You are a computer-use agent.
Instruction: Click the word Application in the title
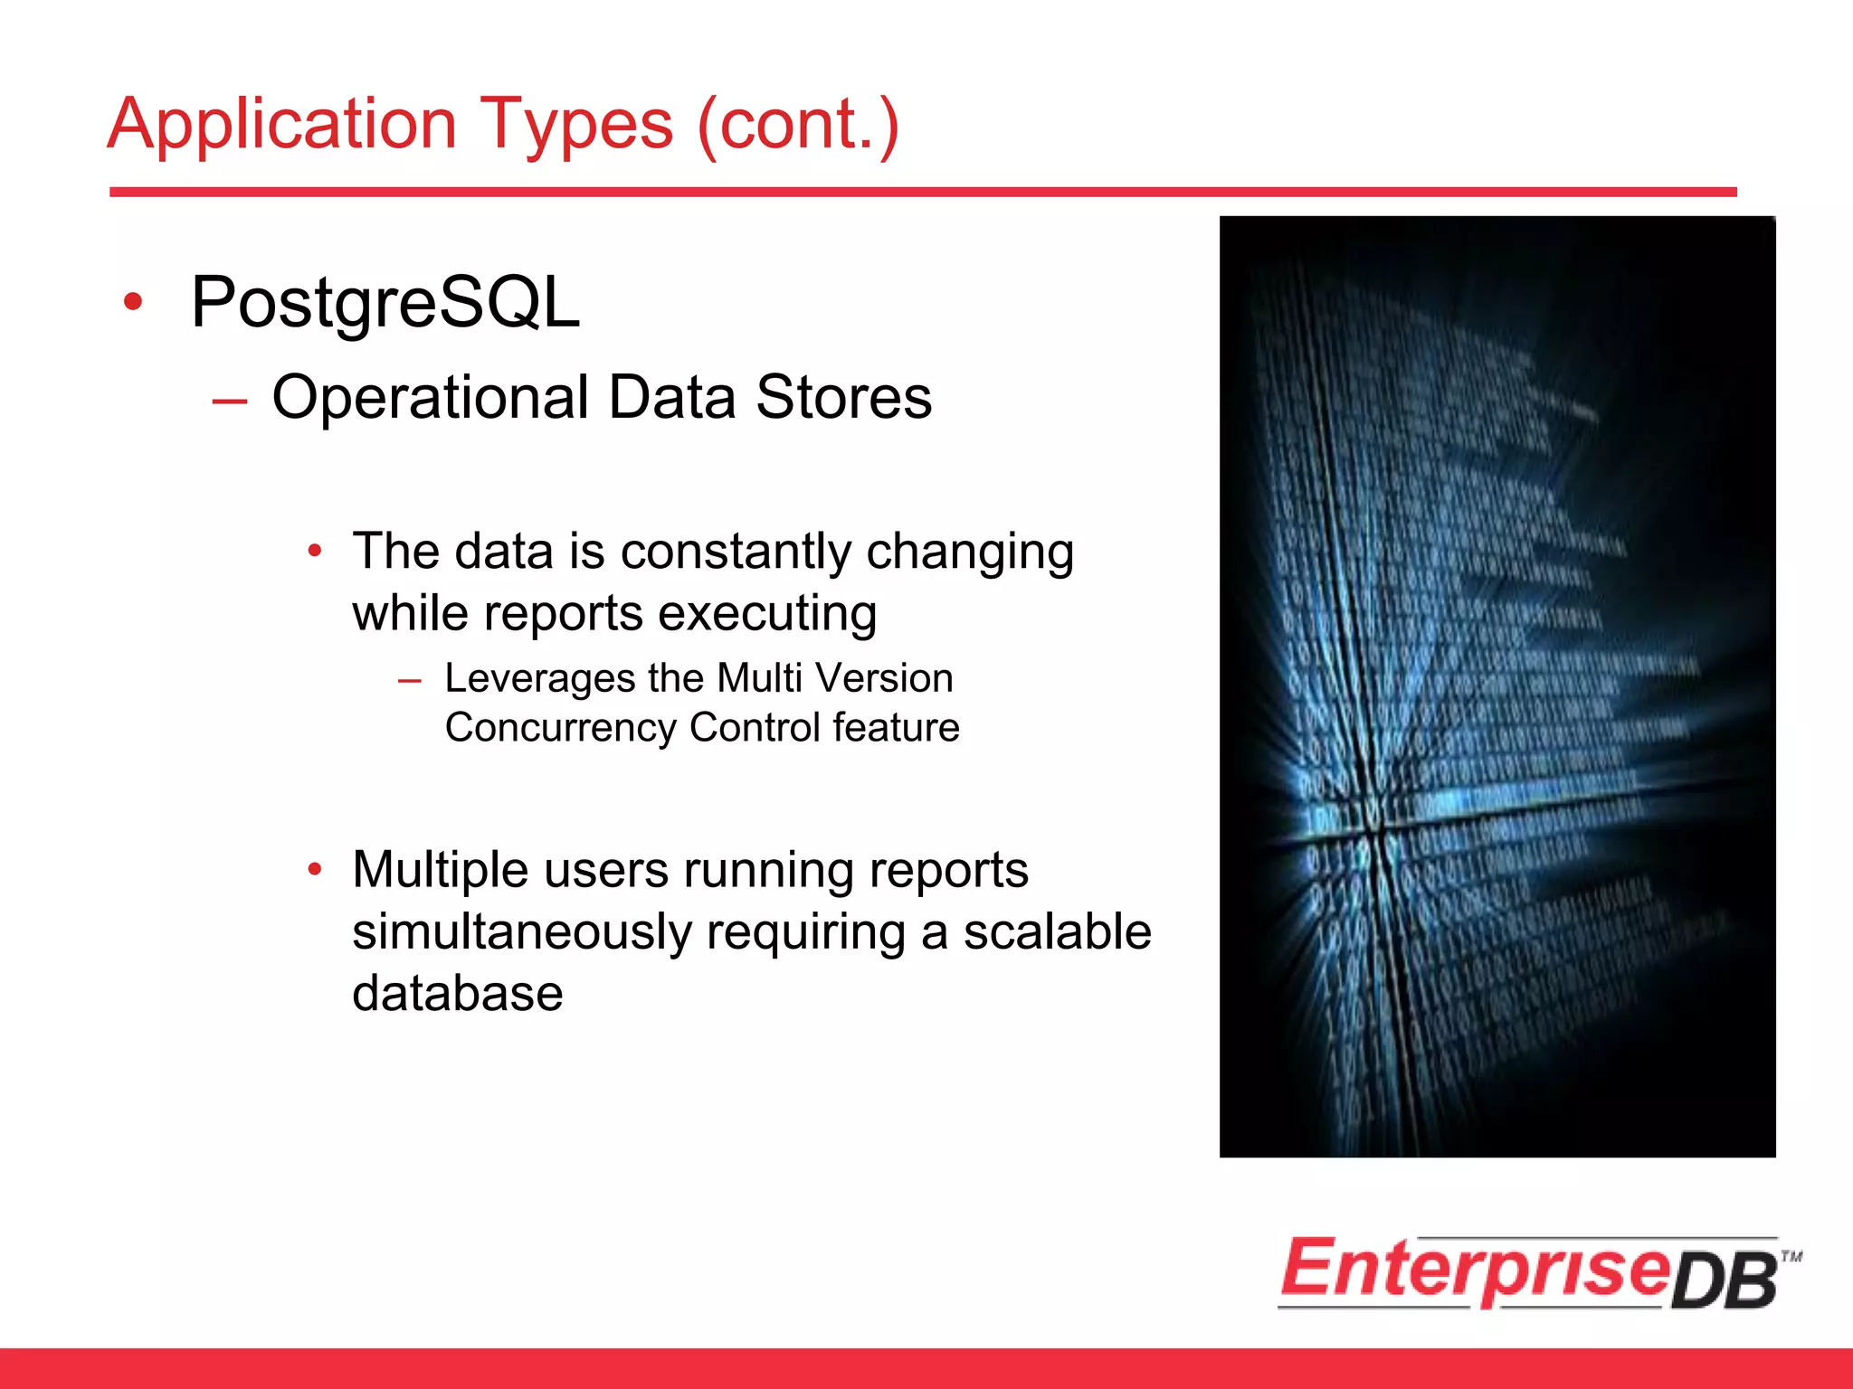click(x=281, y=125)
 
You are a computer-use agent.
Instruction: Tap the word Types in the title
click(x=575, y=125)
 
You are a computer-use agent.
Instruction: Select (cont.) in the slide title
click(x=798, y=125)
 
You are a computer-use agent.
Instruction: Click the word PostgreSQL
click(x=385, y=303)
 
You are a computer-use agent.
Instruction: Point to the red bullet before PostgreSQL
click(x=133, y=302)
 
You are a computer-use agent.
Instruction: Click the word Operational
click(x=430, y=398)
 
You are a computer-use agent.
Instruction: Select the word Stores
click(x=843, y=398)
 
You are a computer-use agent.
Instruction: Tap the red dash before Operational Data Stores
click(x=230, y=401)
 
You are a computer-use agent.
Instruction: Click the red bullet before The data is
click(x=315, y=550)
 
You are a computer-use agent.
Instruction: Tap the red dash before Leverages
click(x=410, y=681)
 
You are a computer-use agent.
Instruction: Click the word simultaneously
click(x=522, y=932)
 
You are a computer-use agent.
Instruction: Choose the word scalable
click(x=1057, y=932)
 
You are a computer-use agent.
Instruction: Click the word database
click(x=457, y=994)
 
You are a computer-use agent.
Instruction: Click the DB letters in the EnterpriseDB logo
click(x=1725, y=1282)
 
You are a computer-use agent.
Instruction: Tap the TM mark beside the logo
click(x=1791, y=1256)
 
